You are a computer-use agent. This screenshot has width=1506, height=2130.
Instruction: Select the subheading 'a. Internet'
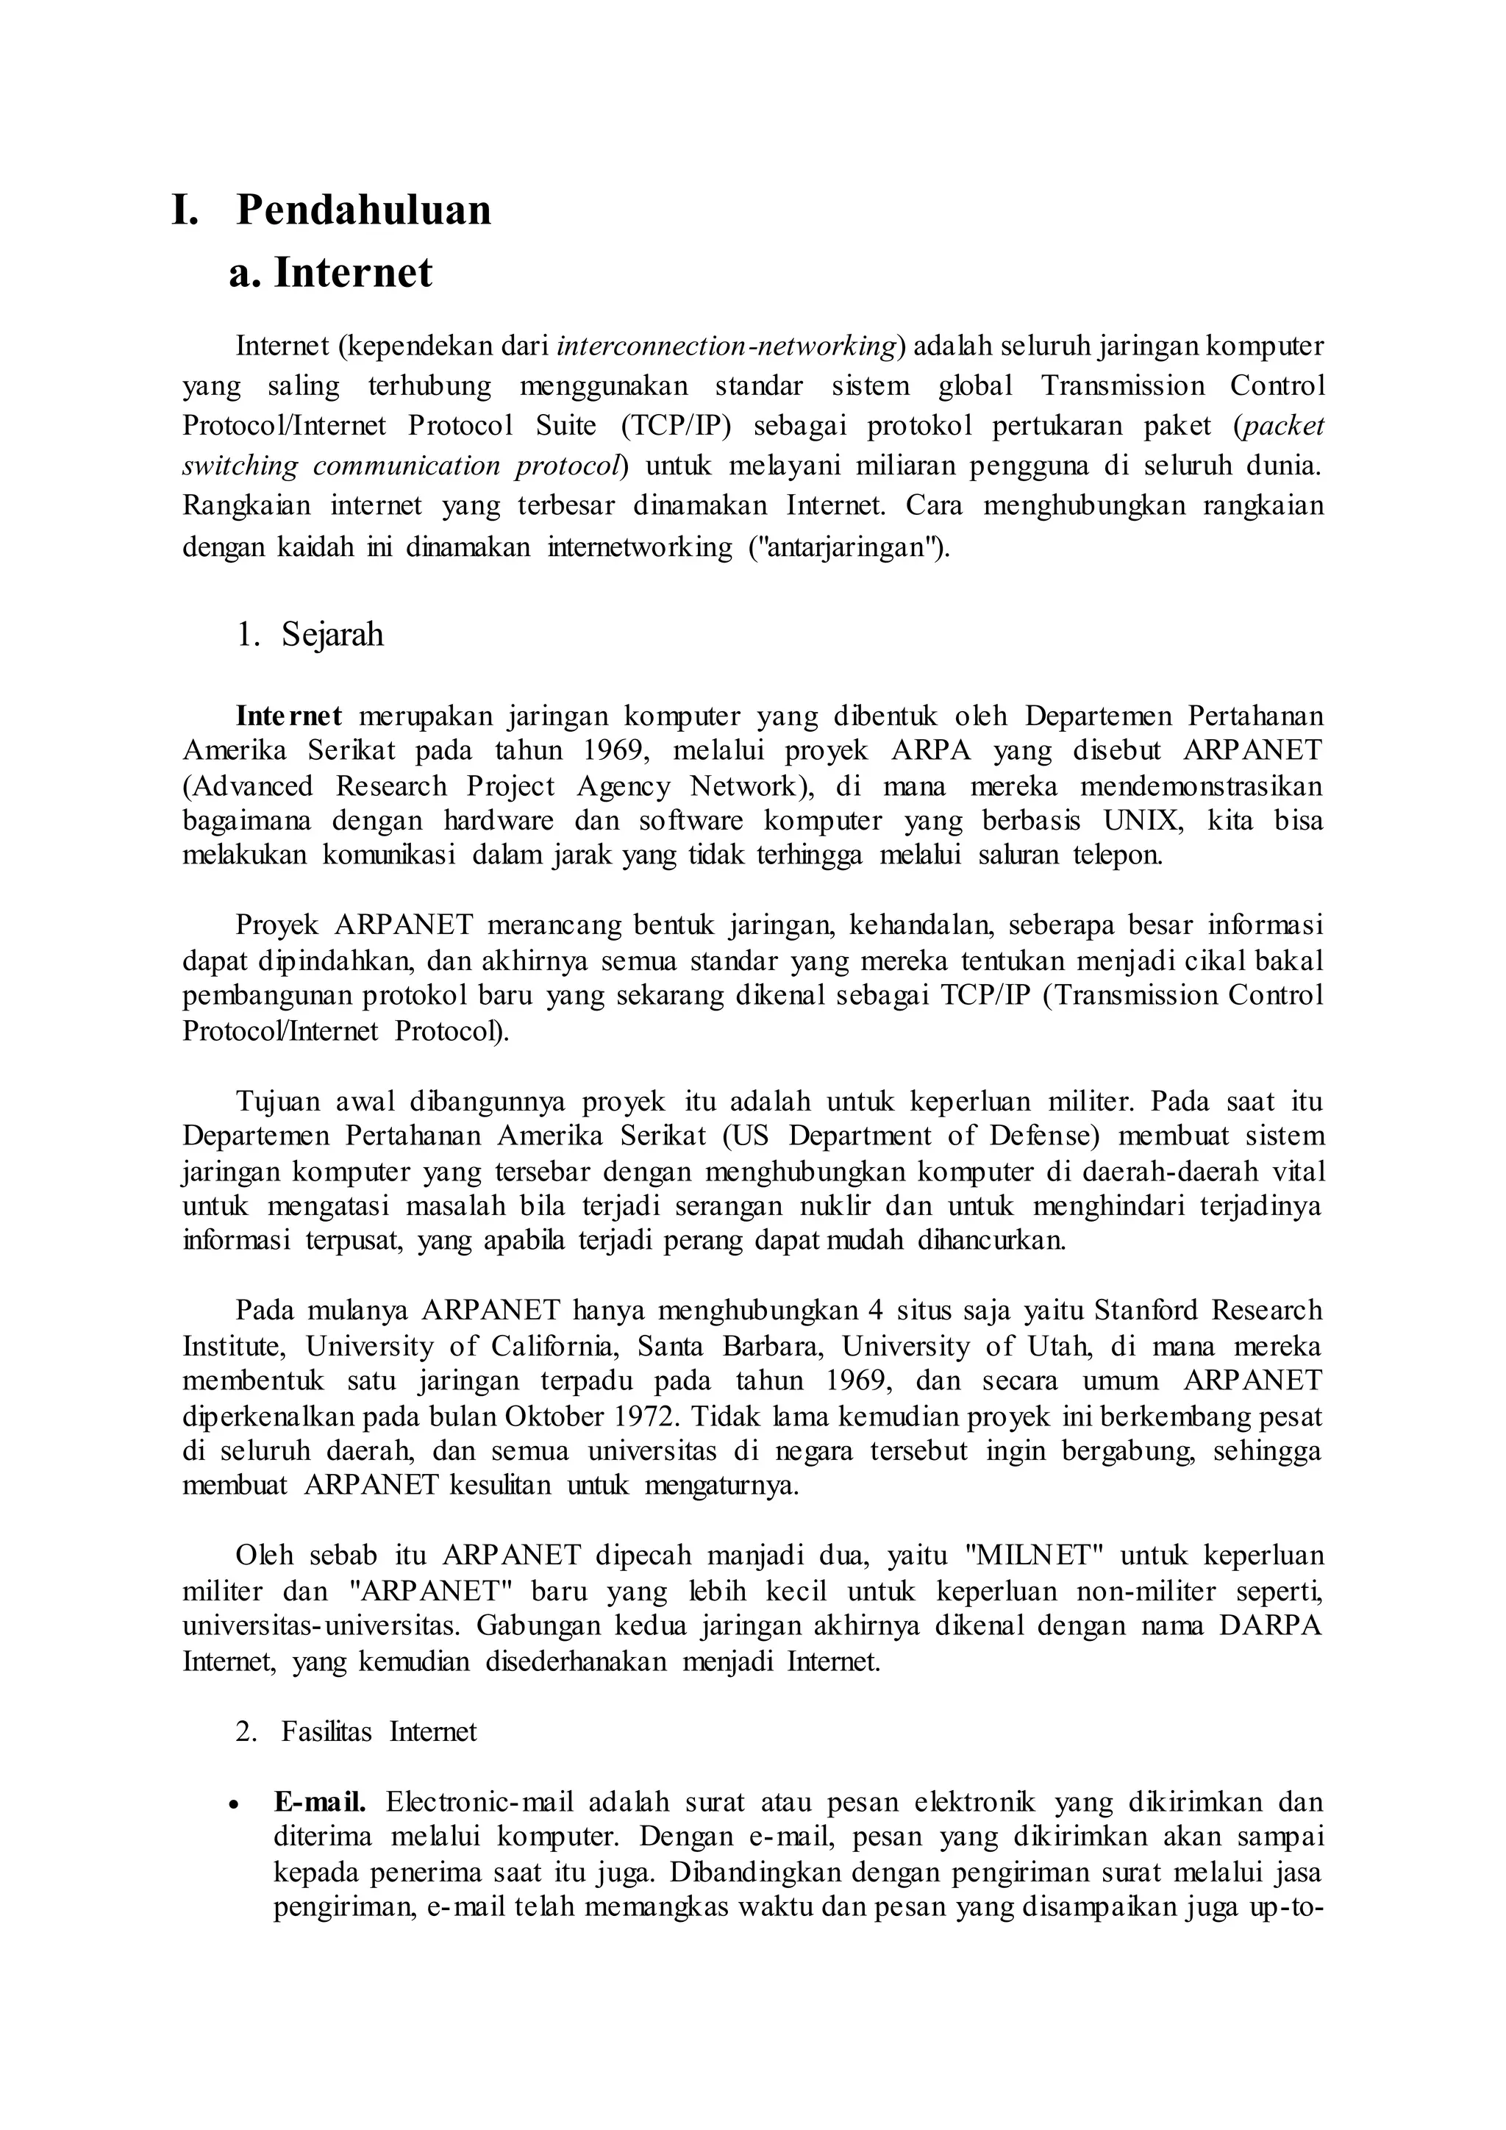coord(331,273)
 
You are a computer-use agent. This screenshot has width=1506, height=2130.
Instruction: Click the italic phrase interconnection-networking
coord(726,346)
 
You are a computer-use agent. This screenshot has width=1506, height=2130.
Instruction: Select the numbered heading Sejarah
coord(332,635)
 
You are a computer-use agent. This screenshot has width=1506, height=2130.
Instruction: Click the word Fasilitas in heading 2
coord(326,1732)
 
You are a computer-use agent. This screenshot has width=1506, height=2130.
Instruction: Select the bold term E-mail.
coord(320,1803)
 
